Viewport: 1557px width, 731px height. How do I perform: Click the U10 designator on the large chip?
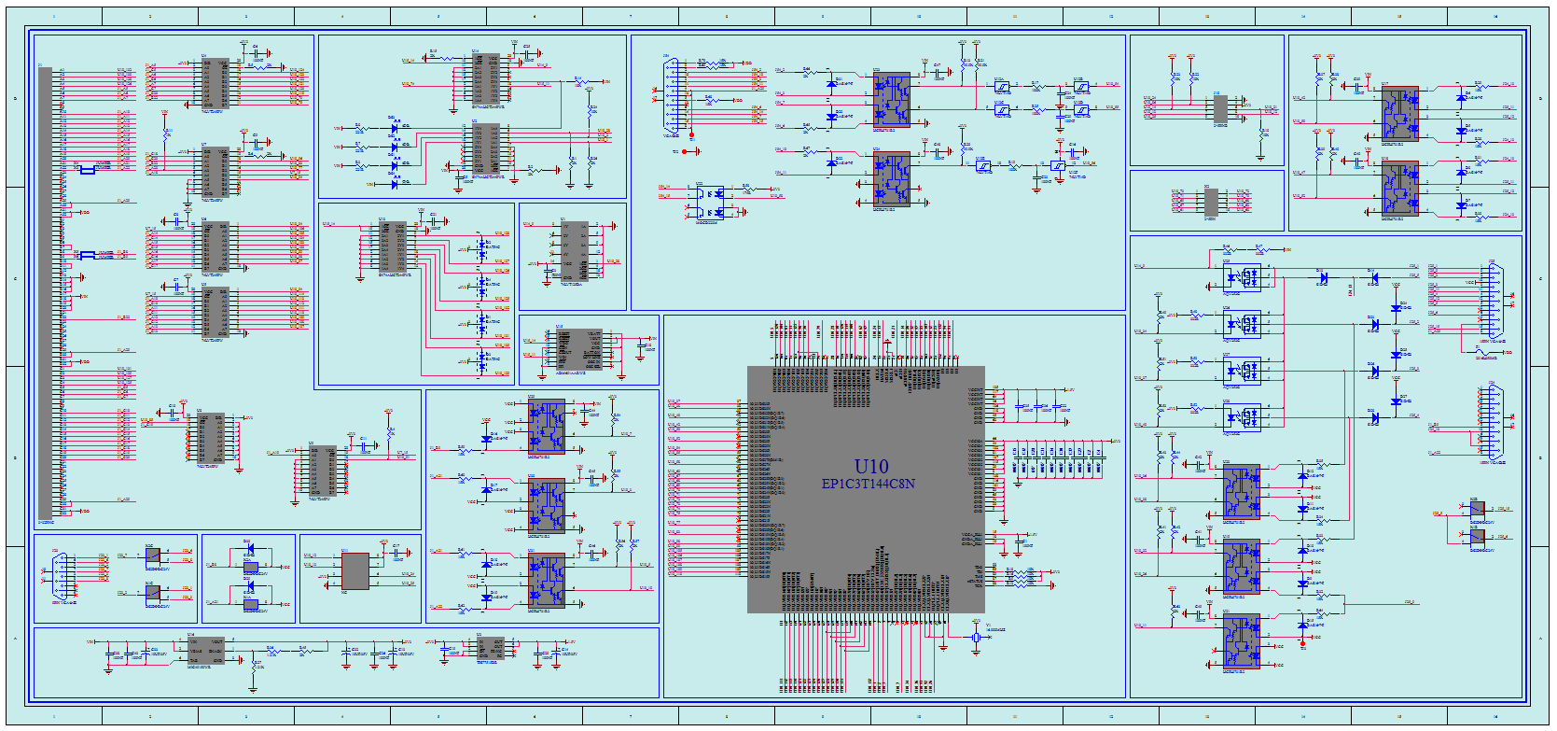click(x=871, y=466)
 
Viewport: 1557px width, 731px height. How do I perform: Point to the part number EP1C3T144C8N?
click(x=868, y=484)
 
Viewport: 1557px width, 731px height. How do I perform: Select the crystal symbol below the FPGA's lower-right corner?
click(x=976, y=637)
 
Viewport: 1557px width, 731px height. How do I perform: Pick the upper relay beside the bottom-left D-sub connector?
click(x=153, y=556)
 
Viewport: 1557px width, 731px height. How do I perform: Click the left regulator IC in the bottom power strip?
click(x=205, y=651)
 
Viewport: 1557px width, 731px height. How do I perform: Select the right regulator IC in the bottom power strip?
click(x=490, y=648)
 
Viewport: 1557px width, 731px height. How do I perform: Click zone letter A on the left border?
click(x=14, y=638)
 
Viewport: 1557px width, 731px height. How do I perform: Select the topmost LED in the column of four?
click(x=482, y=248)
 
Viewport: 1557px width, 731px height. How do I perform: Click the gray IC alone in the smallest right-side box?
click(x=1211, y=203)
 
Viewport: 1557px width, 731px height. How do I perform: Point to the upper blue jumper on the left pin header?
click(x=87, y=170)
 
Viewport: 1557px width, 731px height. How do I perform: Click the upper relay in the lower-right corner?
click(x=1477, y=509)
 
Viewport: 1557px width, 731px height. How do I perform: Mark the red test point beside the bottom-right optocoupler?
click(x=1303, y=644)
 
